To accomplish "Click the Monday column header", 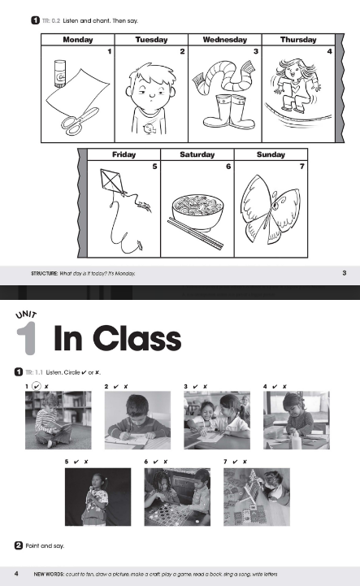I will click(x=78, y=39).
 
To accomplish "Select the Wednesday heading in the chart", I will click(x=225, y=39).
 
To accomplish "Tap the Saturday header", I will click(x=197, y=154).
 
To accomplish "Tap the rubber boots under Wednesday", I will click(x=225, y=113).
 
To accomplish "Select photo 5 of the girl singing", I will click(x=98, y=497).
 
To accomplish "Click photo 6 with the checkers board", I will click(x=176, y=497).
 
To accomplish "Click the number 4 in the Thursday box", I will click(x=329, y=51).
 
